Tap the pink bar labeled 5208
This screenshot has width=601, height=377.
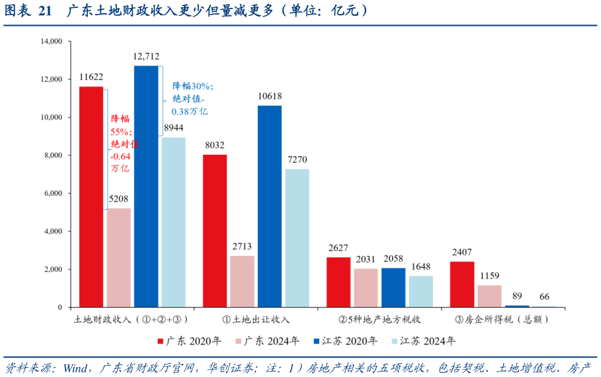pyautogui.click(x=119, y=258)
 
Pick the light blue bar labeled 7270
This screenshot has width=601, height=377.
pyautogui.click(x=297, y=238)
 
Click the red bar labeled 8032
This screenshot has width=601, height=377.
pyautogui.click(x=215, y=231)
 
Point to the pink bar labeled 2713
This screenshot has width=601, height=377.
pyautogui.click(x=242, y=282)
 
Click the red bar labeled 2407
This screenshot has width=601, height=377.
pyautogui.click(x=462, y=284)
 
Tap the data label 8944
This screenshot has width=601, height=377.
pyautogui.click(x=173, y=128)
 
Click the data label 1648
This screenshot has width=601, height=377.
pyautogui.click(x=421, y=267)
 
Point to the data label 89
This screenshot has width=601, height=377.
pyautogui.click(x=517, y=296)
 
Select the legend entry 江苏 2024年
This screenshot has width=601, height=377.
pyautogui.click(x=422, y=341)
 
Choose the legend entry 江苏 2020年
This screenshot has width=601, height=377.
pyautogui.click(x=344, y=341)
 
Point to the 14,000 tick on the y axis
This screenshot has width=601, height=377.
pyautogui.click(x=51, y=41)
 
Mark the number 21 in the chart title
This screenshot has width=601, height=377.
pyautogui.click(x=45, y=11)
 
